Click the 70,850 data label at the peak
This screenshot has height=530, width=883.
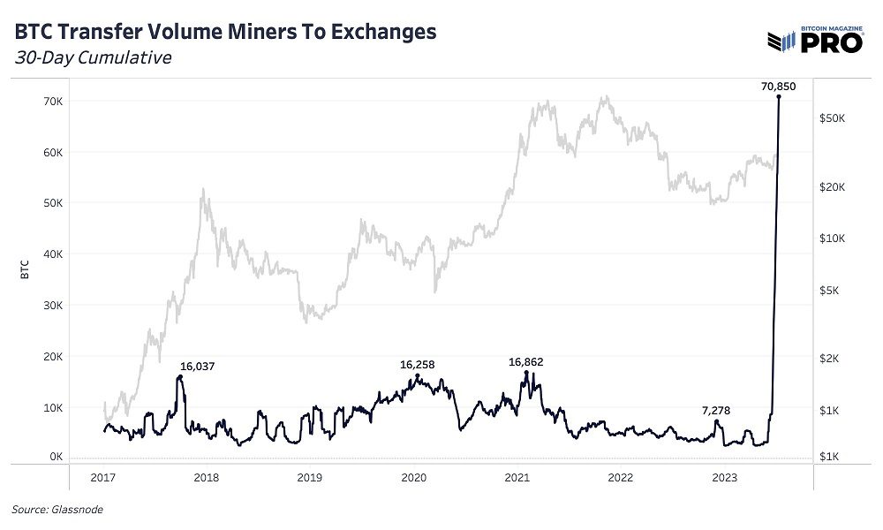[777, 86]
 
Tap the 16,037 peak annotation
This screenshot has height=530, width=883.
[198, 365]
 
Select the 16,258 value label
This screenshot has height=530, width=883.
[418, 364]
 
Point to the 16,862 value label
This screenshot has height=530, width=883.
[527, 361]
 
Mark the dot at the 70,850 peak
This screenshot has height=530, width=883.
[778, 96]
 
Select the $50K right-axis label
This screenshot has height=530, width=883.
[834, 117]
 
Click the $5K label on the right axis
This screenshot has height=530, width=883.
[832, 290]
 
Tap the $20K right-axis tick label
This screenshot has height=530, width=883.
[834, 187]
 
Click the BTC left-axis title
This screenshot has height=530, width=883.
[26, 271]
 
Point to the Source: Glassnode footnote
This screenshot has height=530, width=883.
[50, 509]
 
